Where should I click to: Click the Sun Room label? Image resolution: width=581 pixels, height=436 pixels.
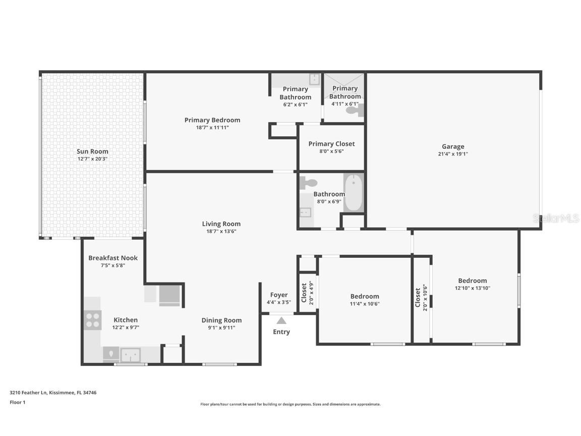point(92,151)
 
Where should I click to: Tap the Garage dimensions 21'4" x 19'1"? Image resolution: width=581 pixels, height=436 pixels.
point(453,154)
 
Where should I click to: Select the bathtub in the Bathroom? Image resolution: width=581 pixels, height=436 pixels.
point(353,193)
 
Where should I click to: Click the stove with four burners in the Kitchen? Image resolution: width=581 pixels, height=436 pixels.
point(93,320)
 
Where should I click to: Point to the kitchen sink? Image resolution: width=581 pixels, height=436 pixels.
point(130,355)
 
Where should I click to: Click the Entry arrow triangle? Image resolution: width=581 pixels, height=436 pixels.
point(281,320)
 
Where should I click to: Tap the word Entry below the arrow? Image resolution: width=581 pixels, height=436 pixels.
point(281,332)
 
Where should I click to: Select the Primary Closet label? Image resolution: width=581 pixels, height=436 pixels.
point(331,144)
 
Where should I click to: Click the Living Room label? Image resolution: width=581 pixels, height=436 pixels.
point(221,224)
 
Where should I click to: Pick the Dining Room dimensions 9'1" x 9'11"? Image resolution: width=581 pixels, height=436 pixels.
point(221,328)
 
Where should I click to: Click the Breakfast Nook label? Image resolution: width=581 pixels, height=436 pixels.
point(113,258)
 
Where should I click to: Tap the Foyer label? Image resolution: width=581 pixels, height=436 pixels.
point(279,295)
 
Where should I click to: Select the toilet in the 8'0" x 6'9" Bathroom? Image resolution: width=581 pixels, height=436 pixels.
point(309,183)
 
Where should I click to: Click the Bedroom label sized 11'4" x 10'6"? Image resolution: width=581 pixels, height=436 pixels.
point(365,296)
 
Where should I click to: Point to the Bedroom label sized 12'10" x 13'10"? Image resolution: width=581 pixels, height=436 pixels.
point(473,281)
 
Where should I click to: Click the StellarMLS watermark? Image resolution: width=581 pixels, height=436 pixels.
point(556,219)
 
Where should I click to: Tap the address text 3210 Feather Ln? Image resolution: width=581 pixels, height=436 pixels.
point(29,392)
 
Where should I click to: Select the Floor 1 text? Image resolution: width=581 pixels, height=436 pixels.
point(18,402)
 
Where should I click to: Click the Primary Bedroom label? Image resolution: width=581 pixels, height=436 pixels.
point(212,120)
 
